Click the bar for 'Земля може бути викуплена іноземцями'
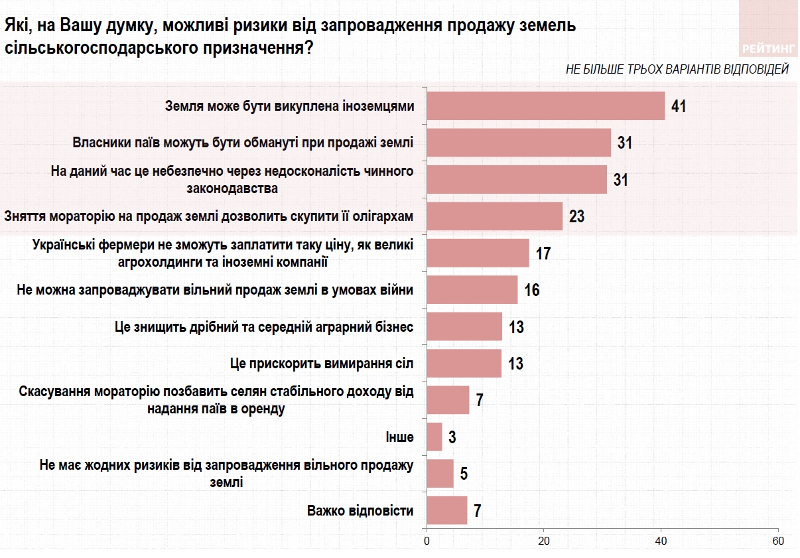point(545,106)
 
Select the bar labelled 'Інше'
point(434,437)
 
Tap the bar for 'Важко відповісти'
point(447,510)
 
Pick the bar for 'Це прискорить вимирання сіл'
point(464,363)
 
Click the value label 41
point(678,106)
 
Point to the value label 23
point(576,216)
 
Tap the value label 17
point(544,253)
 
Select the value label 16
point(531,290)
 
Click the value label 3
point(452,437)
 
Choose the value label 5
point(464,474)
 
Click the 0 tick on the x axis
point(427,540)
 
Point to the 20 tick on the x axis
point(544,540)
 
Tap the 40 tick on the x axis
point(661,540)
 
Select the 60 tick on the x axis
point(778,540)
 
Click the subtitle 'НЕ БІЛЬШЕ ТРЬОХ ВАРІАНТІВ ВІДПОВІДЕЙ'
point(677,69)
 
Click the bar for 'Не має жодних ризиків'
point(440,474)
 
